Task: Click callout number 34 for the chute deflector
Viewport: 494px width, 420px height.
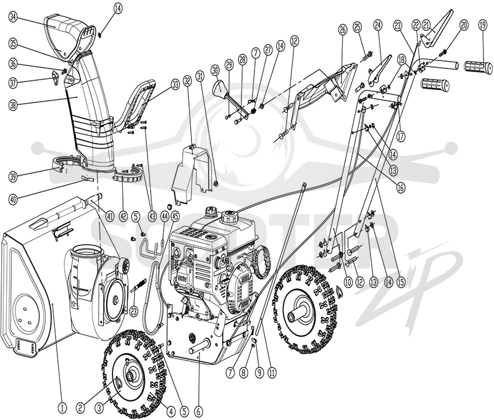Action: [x=12, y=17]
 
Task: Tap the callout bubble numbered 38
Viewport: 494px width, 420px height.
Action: [x=12, y=105]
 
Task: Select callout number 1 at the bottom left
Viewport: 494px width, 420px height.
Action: [x=62, y=408]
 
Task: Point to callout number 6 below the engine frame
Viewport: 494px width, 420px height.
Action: [x=198, y=411]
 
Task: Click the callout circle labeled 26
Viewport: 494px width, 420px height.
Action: [x=342, y=30]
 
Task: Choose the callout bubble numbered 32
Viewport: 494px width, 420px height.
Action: [x=188, y=82]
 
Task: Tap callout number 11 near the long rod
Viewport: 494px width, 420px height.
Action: [x=272, y=373]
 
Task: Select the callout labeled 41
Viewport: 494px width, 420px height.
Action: [x=109, y=216]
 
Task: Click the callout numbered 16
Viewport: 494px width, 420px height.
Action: [x=400, y=188]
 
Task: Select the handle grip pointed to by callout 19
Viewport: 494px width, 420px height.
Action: [x=479, y=68]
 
